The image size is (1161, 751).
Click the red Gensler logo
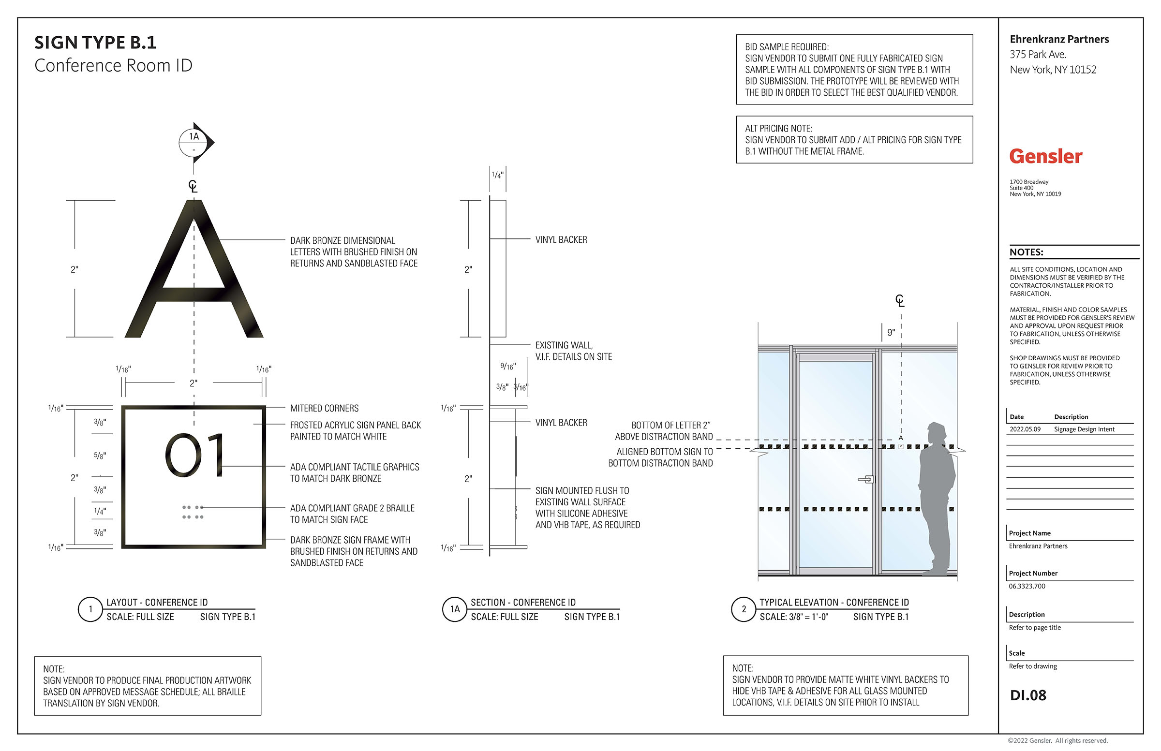click(x=1045, y=157)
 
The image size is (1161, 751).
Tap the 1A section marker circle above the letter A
click(x=193, y=142)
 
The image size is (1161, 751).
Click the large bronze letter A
click(x=193, y=269)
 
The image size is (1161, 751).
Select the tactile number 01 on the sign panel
click(x=193, y=455)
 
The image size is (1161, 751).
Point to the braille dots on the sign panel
click(x=193, y=512)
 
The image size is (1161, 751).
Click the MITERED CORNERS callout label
click(x=325, y=408)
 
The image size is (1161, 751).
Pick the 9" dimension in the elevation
click(x=891, y=333)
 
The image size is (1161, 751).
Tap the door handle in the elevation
click(x=866, y=480)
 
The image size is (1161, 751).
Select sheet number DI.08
click(x=1028, y=695)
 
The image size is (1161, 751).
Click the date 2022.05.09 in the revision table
click(x=1025, y=429)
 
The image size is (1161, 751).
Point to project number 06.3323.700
click(x=1027, y=586)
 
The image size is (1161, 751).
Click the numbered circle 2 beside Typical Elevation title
click(x=744, y=609)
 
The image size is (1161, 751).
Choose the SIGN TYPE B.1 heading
click(x=96, y=43)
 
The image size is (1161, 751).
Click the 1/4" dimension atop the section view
click(x=498, y=175)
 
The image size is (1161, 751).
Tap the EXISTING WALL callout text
click(x=574, y=351)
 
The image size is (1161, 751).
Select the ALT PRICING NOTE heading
click(x=778, y=128)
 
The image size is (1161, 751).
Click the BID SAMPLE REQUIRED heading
click(x=787, y=47)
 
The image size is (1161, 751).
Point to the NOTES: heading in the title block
click(x=1027, y=252)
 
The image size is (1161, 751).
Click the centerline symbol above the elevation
click(x=900, y=301)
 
